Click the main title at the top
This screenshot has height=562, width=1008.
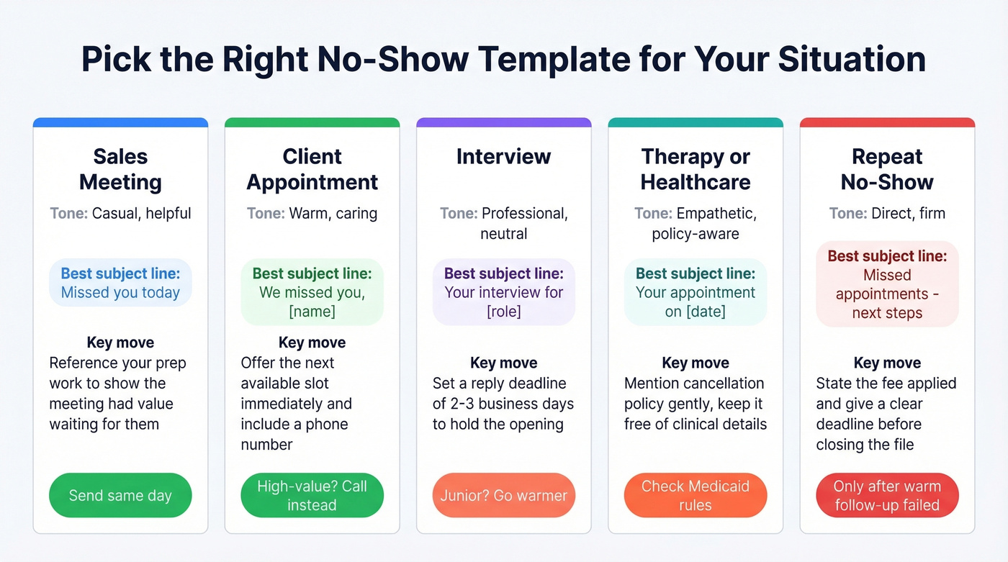point(503,59)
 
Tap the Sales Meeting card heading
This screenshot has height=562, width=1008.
point(120,169)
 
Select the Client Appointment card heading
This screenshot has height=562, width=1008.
point(312,169)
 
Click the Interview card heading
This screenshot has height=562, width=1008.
point(503,156)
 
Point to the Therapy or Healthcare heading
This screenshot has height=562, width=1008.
point(696,169)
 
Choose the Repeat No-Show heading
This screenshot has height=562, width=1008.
point(887,169)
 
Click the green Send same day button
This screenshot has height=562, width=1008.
point(120,495)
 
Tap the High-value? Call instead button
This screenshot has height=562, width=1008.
point(312,495)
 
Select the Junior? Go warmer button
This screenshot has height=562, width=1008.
point(503,495)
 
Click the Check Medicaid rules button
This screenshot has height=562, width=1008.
point(696,495)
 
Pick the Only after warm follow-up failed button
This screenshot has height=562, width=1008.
point(887,495)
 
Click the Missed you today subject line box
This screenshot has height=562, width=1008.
point(120,283)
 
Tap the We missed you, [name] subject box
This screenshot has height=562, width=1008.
point(312,292)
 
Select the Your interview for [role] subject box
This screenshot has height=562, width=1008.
point(503,292)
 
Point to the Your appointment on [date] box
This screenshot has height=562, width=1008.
point(696,292)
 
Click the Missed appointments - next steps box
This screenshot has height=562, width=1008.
point(887,284)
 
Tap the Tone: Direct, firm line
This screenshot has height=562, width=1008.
point(887,213)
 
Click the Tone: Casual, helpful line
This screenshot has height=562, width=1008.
point(120,213)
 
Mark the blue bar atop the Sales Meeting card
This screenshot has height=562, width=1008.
point(120,122)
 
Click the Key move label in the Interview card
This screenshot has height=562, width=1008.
point(503,363)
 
